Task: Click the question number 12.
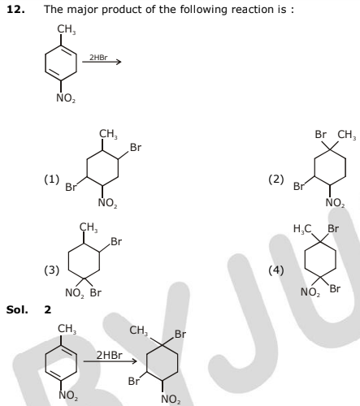tap(15, 10)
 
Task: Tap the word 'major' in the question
tap(83, 10)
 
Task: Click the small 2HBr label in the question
tap(98, 58)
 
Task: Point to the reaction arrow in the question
tap(102, 62)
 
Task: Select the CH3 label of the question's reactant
tap(67, 29)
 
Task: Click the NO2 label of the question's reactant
tap(66, 98)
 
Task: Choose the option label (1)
tap(51, 179)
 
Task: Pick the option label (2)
tap(276, 179)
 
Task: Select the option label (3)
tap(51, 270)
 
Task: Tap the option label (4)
tap(276, 270)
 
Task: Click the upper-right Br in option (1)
tap(136, 148)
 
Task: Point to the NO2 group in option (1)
tap(107, 203)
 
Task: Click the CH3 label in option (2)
tap(347, 135)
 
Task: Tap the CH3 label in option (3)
tap(89, 227)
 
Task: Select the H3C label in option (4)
tap(302, 229)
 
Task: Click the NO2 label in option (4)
tap(310, 292)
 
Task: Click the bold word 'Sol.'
tap(17, 309)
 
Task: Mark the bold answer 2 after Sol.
tap(48, 309)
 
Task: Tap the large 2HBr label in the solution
tap(110, 355)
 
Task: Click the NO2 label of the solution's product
tap(171, 399)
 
